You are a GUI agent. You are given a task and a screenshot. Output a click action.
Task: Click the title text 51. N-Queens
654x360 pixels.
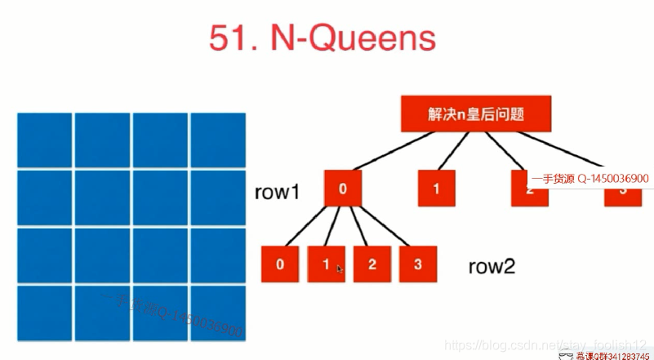click(x=322, y=38)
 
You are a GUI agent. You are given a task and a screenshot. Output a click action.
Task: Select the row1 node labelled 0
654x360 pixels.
click(x=343, y=189)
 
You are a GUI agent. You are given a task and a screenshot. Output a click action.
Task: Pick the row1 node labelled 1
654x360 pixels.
click(x=436, y=189)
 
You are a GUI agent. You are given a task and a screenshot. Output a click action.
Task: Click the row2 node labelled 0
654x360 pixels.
click(x=280, y=264)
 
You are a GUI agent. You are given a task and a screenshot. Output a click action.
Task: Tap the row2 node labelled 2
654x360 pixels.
click(x=372, y=264)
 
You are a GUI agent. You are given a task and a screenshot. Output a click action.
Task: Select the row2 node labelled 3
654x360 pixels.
click(x=418, y=264)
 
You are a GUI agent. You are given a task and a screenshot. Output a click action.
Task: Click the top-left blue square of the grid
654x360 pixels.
click(x=44, y=139)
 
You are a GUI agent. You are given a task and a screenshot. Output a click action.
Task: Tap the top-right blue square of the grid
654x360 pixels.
click(x=218, y=139)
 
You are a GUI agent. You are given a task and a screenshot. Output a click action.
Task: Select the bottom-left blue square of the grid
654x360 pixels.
click(x=44, y=313)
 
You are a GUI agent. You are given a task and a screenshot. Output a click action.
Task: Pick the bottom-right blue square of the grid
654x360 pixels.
click(x=218, y=313)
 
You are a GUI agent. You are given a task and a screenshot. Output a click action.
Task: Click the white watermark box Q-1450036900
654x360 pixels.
click(x=589, y=178)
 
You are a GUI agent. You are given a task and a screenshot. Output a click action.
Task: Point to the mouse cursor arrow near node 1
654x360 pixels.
click(x=339, y=269)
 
